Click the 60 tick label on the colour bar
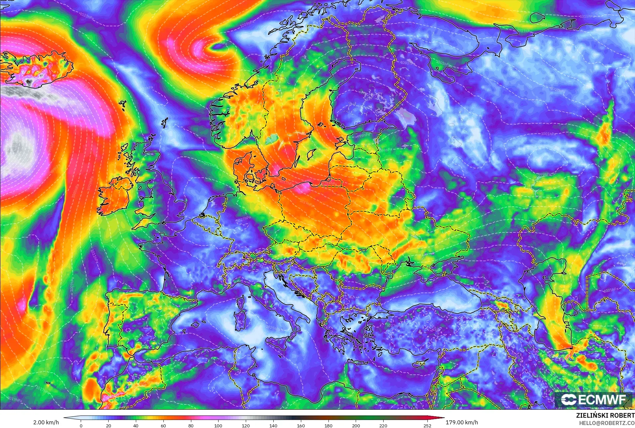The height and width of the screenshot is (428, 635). click(x=163, y=426)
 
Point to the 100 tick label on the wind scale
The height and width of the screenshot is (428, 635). click(x=218, y=426)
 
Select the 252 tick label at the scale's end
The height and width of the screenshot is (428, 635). click(x=427, y=426)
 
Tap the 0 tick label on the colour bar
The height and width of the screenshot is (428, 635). click(x=81, y=426)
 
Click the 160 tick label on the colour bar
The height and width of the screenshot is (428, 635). click(x=301, y=426)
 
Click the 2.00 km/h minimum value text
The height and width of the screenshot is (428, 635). click(x=46, y=422)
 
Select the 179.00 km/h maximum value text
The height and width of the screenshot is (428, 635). click(x=462, y=422)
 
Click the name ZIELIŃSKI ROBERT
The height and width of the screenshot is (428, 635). click(x=605, y=416)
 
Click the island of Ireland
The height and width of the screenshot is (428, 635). click(x=115, y=196)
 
